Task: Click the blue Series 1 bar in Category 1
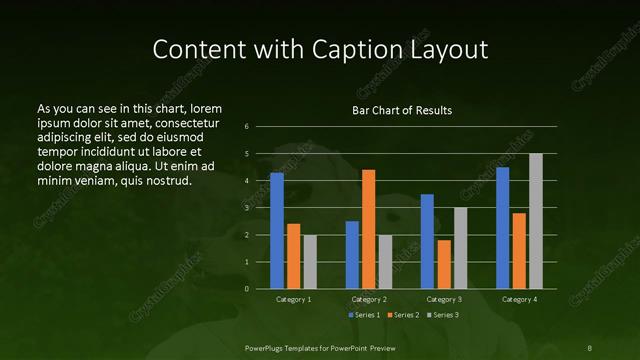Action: tap(277, 231)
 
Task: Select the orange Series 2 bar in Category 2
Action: tap(369, 229)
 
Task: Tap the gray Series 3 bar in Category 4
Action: tap(536, 221)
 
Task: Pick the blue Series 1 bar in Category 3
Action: tap(427, 241)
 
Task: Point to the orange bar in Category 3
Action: tap(444, 264)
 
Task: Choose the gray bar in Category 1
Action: tap(310, 262)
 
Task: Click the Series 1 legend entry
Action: tap(364, 315)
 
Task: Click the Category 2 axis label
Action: tap(369, 299)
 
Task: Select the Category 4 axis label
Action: tap(519, 299)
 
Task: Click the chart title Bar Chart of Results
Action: tap(402, 110)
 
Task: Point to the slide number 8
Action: tap(589, 347)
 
